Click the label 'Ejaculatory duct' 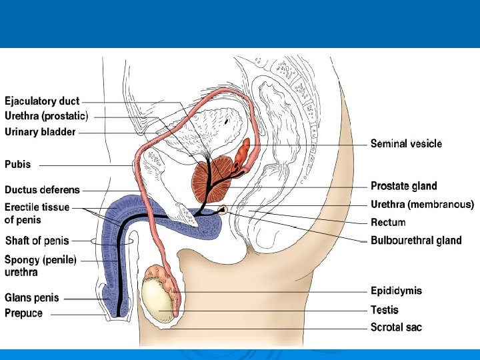[42, 101]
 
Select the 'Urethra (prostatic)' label [47, 116]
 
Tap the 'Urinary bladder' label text [40, 132]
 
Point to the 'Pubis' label [18, 164]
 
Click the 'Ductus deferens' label [42, 191]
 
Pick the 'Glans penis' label [32, 298]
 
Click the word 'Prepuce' [24, 313]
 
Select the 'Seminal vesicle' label [406, 143]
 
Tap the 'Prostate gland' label [404, 186]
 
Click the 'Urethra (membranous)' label [422, 205]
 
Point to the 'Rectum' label [388, 223]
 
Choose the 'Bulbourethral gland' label [416, 241]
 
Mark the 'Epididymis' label [396, 291]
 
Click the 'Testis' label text [385, 310]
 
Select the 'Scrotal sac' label [396, 327]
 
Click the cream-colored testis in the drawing [157, 300]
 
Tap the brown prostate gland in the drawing [212, 177]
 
